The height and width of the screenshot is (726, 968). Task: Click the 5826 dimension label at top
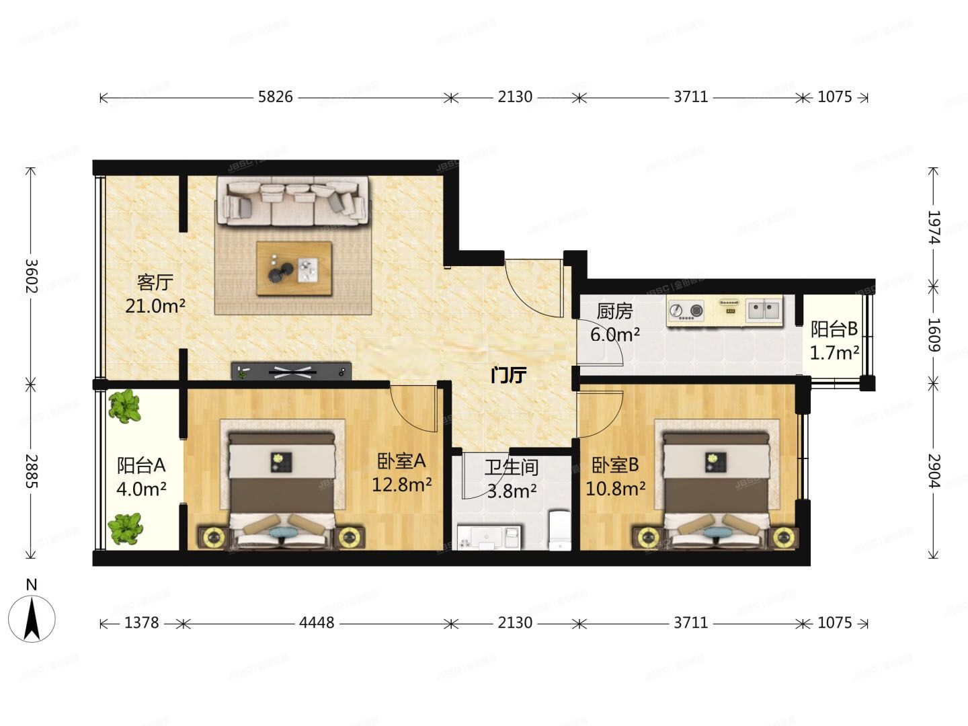coord(276,97)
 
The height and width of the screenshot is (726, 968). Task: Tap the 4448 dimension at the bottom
coord(317,623)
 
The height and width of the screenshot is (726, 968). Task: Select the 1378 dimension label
coord(142,623)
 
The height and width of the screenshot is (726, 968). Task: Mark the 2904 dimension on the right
coord(934,471)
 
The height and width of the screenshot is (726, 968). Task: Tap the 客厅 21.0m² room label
coord(155,294)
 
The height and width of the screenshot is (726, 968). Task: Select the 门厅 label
coord(508,375)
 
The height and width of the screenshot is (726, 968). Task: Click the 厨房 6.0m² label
coord(615,322)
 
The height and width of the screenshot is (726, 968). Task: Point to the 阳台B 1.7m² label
coord(834,340)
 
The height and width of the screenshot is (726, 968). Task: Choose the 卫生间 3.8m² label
coord(512,479)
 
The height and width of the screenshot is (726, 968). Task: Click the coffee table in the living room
coord(294,268)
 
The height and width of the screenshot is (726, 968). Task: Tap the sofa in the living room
coord(292,200)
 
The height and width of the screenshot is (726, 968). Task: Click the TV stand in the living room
coord(292,371)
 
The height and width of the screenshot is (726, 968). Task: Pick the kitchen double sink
coord(763,310)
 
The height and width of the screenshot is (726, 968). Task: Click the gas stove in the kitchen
coord(686,311)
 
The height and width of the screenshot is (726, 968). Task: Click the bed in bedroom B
coord(715,487)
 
